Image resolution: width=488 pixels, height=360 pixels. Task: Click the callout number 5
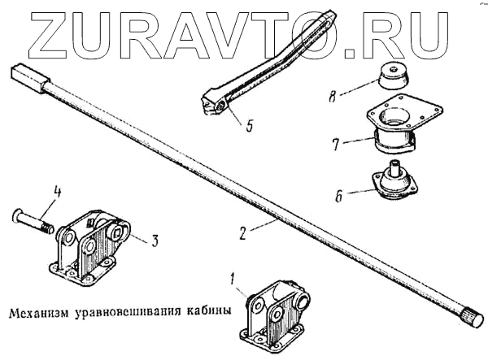[x=250, y=126]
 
